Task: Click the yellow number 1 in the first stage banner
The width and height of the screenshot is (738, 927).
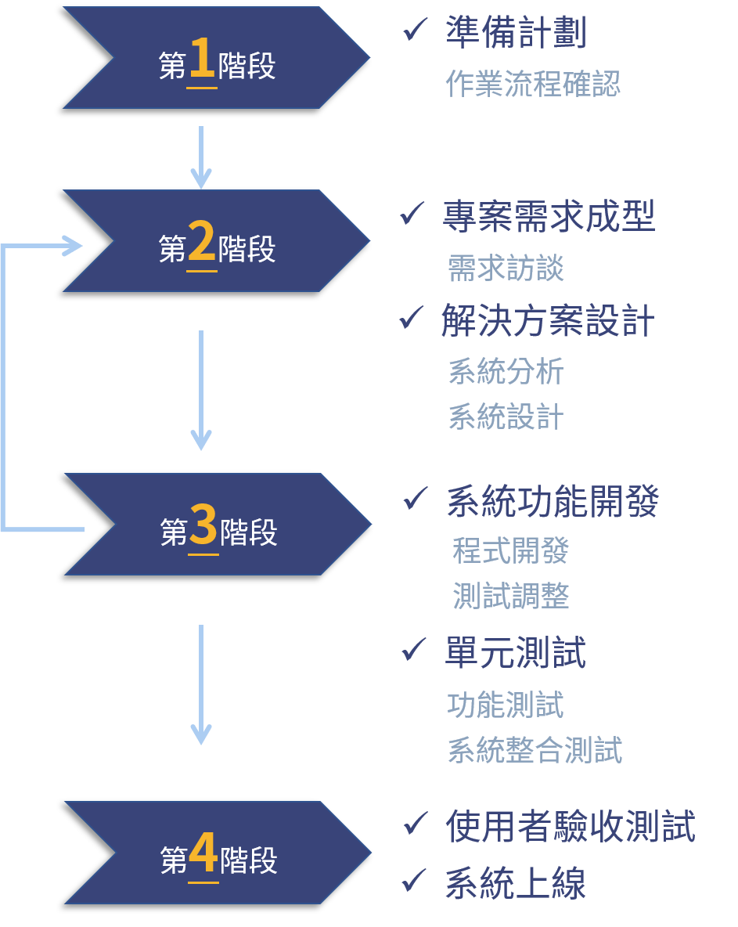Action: tap(202, 61)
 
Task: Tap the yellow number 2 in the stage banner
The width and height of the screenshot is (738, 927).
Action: tap(202, 244)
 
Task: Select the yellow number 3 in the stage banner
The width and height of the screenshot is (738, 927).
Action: tap(203, 527)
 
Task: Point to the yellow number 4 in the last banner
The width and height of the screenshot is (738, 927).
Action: tap(203, 855)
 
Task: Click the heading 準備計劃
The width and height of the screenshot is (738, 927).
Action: tap(516, 33)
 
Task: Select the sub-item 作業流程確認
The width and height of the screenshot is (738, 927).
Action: tap(533, 83)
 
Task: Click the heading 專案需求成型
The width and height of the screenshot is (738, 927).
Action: tap(549, 217)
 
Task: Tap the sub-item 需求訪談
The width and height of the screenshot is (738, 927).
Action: tap(506, 269)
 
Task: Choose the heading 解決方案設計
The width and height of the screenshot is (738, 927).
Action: tap(548, 322)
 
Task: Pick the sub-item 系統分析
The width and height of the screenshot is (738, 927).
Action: tap(506, 371)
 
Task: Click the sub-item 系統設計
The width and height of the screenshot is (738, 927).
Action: tap(506, 417)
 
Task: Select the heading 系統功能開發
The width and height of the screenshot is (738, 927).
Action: tap(553, 502)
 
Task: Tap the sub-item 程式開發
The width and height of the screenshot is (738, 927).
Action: tap(510, 550)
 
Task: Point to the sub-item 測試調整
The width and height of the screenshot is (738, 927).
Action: tap(510, 597)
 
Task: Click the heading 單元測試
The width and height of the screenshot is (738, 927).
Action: tap(515, 653)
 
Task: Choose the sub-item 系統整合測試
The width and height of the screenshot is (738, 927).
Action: tap(535, 750)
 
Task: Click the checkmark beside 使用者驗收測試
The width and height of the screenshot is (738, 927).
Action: tap(416, 823)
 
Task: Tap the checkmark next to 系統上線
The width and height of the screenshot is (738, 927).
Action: tap(414, 881)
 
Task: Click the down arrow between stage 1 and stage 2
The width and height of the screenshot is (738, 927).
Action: tap(201, 157)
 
